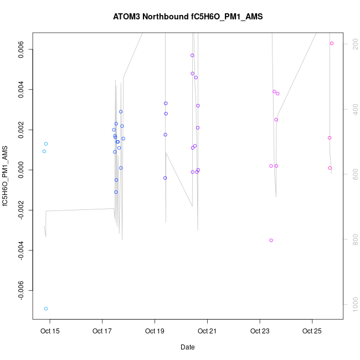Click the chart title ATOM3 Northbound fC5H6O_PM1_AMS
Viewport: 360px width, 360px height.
[x=188, y=17]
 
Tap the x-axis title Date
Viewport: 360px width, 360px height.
[x=187, y=347]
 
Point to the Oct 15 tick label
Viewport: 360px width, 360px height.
[x=50, y=331]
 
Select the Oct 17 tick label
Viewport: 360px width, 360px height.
[x=102, y=331]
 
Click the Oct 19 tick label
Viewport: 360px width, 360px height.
[x=155, y=331]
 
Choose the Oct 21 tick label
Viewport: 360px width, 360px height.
[x=207, y=331]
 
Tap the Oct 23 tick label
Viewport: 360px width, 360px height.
[x=260, y=331]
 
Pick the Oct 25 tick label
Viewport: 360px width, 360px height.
[x=312, y=331]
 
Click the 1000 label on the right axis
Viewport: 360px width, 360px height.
[x=352, y=304]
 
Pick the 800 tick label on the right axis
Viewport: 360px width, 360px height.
[x=352, y=239]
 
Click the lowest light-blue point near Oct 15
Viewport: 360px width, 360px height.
[x=46, y=308]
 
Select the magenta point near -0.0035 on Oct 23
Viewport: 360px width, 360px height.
[x=271, y=240]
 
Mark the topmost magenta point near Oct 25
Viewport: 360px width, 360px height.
[x=332, y=43]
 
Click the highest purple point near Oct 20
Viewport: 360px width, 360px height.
[x=192, y=55]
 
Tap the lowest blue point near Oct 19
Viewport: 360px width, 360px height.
[x=165, y=178]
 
